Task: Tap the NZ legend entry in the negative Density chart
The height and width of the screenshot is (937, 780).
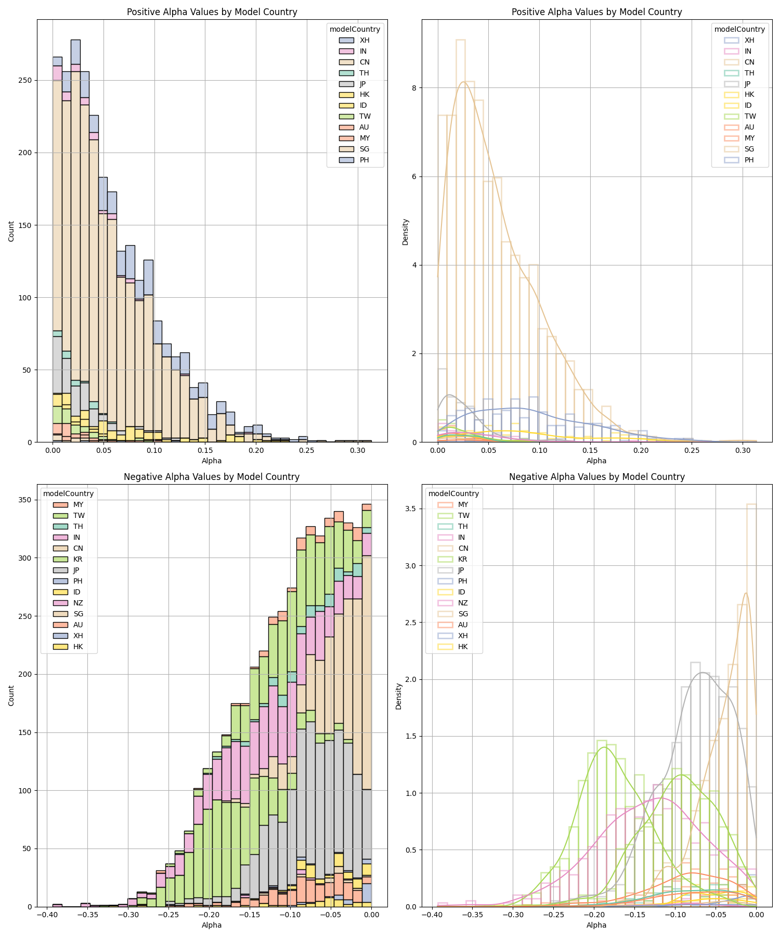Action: pyautogui.click(x=463, y=603)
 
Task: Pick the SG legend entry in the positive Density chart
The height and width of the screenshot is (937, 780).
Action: pyautogui.click(x=749, y=149)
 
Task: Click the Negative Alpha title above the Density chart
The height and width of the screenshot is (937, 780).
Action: pyautogui.click(x=596, y=477)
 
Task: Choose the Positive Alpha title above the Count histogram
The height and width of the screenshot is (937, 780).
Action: pyautogui.click(x=212, y=12)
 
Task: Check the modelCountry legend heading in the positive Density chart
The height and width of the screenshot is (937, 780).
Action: pyautogui.click(x=739, y=29)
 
